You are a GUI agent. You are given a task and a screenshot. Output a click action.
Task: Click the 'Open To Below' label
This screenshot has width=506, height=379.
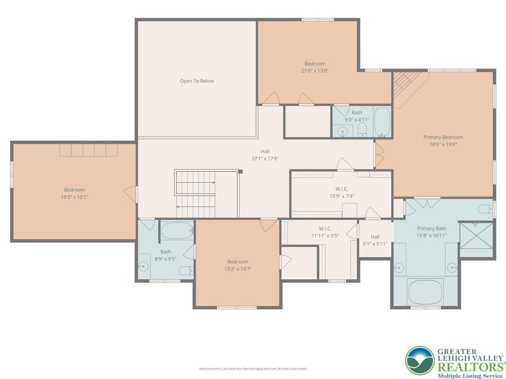click(197, 81)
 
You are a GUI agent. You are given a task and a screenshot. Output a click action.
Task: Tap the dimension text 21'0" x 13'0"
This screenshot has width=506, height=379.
click(315, 71)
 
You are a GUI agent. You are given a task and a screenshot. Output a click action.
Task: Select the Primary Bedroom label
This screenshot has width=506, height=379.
click(443, 137)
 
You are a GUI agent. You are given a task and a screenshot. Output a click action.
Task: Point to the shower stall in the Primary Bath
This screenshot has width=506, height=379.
click(476, 239)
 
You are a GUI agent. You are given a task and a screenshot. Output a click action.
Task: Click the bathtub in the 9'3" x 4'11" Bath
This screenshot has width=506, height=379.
click(382, 122)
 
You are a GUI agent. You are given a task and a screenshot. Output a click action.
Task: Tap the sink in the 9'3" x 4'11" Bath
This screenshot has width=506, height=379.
click(342, 131)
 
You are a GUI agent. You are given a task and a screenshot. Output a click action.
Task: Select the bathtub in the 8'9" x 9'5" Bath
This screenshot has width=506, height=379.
click(176, 231)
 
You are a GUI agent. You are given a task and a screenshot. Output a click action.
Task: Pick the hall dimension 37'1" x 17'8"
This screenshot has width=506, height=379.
click(265, 158)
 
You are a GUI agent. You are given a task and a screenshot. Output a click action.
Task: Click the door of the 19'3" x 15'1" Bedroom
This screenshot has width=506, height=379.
click(131, 193)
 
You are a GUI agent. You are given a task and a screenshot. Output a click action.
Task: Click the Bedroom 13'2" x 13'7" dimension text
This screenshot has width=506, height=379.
click(238, 269)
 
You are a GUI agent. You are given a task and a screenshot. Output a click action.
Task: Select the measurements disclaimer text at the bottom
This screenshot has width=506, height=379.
click(253, 369)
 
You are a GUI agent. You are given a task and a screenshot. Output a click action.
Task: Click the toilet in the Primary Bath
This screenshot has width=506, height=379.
click(486, 207)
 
